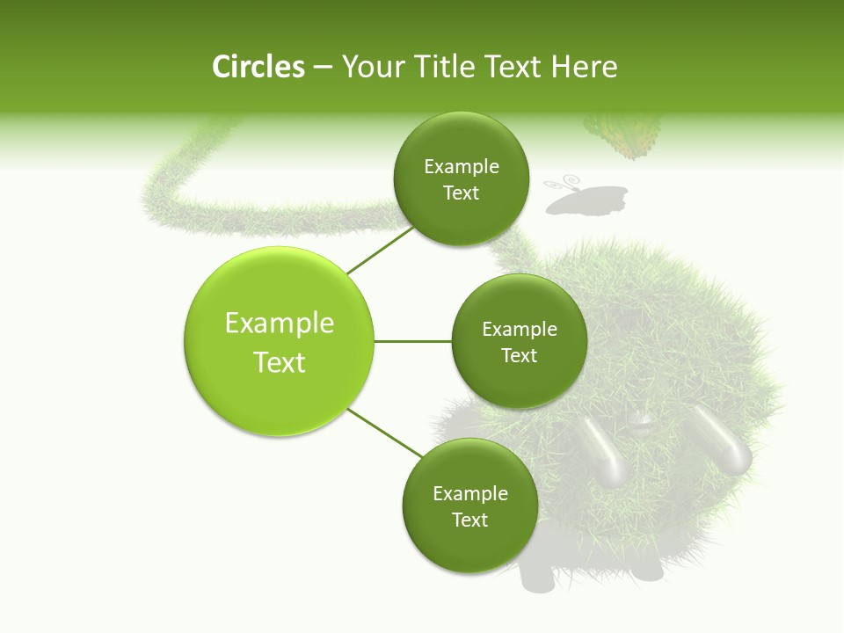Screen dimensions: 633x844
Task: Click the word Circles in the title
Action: click(x=258, y=67)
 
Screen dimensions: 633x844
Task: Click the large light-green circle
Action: click(x=280, y=341)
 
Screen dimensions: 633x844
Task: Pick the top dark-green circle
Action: click(x=461, y=179)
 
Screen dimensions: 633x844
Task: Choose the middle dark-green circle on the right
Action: click(x=519, y=341)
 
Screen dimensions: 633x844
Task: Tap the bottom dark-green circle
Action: click(x=469, y=506)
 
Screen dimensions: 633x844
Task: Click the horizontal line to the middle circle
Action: click(x=413, y=341)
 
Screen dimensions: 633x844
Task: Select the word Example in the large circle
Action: click(x=280, y=324)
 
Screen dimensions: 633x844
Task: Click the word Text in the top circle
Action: click(x=461, y=193)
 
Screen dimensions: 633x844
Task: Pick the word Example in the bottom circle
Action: click(x=469, y=493)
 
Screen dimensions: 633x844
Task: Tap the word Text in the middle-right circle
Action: click(x=519, y=355)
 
